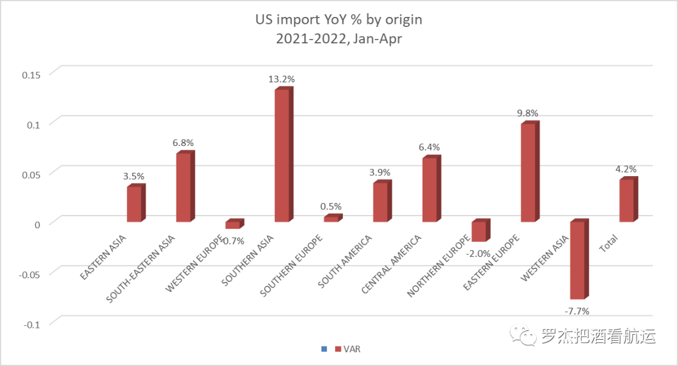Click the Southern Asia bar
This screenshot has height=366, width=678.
tap(282, 155)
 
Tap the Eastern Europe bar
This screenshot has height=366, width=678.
tap(529, 172)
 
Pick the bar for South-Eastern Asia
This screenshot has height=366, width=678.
tap(183, 187)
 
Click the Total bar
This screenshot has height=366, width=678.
tap(627, 201)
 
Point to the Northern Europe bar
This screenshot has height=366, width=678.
tap(479, 231)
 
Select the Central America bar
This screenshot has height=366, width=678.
tap(430, 189)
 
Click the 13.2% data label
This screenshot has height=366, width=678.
tap(282, 80)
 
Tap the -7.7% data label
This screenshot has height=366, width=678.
tap(577, 311)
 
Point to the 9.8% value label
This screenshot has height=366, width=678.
tap(527, 113)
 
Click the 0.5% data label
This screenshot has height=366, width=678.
tap(331, 206)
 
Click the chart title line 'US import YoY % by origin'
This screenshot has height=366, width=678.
tap(338, 19)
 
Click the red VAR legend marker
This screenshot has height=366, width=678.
tap(338, 349)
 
